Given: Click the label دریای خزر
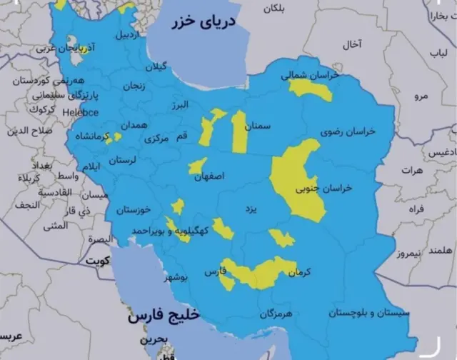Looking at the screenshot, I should (x=203, y=24).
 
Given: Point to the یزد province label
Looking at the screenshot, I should (x=249, y=209).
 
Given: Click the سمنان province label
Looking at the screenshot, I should (x=258, y=126).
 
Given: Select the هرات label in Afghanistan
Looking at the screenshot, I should (x=412, y=171).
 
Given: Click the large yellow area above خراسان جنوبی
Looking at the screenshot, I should (x=296, y=175).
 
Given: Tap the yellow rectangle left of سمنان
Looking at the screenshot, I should (x=239, y=132).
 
